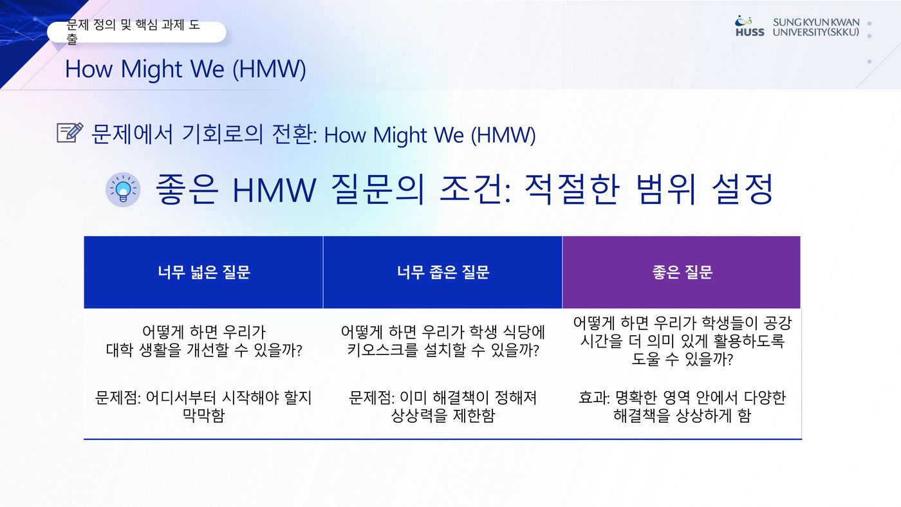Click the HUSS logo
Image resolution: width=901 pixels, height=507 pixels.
coord(749,26)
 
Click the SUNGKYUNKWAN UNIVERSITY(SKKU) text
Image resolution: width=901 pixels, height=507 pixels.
coord(816,27)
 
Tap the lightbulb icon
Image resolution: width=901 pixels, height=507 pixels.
coord(123,190)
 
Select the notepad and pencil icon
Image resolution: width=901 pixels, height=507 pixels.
coord(70,133)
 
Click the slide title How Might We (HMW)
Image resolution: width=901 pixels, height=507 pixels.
coord(185,69)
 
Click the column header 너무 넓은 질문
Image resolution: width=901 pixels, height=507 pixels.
coord(204,272)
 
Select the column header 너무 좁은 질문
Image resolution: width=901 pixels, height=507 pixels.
coord(443,272)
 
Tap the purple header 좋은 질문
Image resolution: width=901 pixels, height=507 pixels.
coord(682,272)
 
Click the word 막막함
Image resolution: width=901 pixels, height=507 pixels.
coord(203,416)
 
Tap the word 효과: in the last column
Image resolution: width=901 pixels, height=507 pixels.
coord(594,398)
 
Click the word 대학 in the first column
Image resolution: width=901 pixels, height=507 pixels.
coord(120,350)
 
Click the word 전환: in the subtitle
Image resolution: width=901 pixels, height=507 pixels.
coord(295,134)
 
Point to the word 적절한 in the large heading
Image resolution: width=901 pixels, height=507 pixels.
coord(572,189)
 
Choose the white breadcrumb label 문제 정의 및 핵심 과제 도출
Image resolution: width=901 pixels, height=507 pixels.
coord(136,32)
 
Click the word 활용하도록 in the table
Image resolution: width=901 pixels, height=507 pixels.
coord(748,341)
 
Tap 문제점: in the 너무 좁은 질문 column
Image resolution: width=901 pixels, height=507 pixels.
coord(371,398)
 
